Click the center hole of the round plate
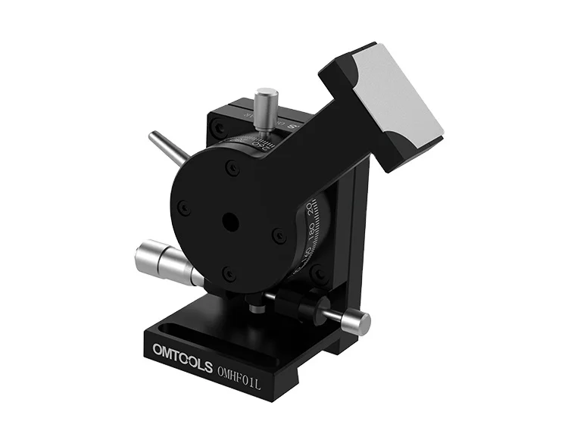[229, 221]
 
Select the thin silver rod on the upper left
[168, 146]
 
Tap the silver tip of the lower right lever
[354, 322]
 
